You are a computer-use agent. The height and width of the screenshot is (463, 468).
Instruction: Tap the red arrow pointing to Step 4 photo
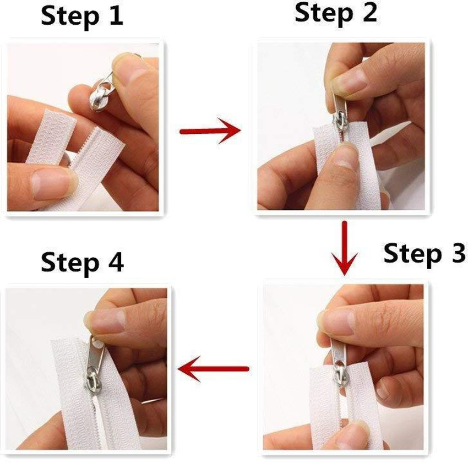[x=215, y=368]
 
